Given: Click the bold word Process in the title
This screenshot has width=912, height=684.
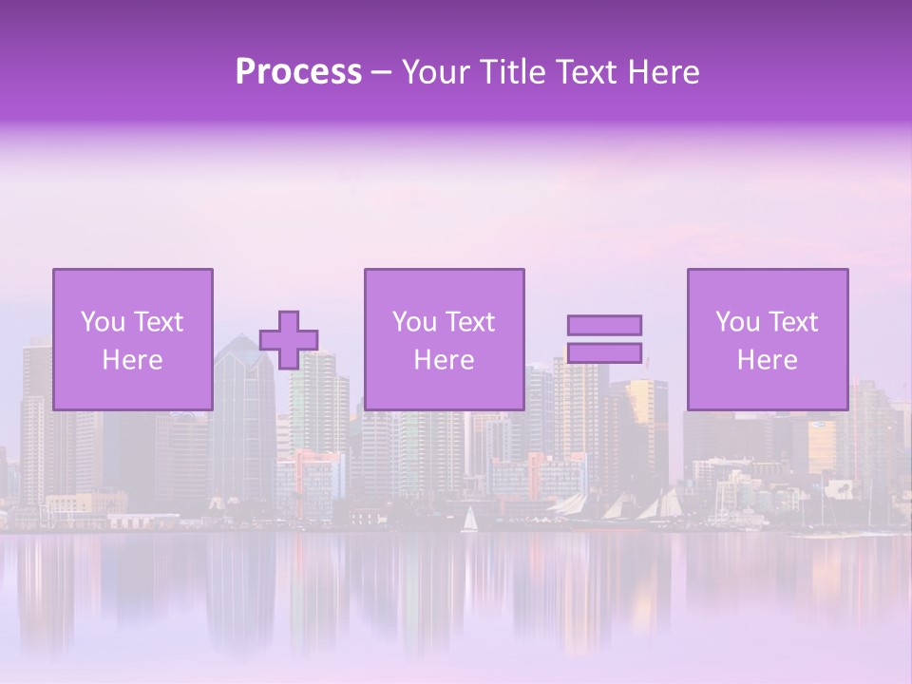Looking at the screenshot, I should pos(298,72).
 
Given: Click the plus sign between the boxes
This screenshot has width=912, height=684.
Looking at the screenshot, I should pos(289,339).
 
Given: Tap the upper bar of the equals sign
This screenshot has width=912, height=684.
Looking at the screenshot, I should pos(604,325).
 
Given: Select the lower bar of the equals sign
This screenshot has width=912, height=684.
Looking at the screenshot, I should pos(604,353).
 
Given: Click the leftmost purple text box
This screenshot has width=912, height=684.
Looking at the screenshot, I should pos(133,339).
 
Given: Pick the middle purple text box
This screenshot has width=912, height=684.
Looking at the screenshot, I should pos(444,339).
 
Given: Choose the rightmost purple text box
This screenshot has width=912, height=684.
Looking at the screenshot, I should pos(768,339).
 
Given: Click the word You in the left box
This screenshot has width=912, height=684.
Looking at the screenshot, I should pos(103,322).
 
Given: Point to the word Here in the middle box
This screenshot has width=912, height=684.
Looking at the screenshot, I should pos(444,360).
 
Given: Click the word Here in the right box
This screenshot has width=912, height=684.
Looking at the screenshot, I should pos(768,360).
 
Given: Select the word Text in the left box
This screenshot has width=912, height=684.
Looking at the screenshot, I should pos(157,322).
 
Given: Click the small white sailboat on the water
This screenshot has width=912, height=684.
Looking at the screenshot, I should pos(469,521).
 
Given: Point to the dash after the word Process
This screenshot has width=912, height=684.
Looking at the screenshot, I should pos(381,73).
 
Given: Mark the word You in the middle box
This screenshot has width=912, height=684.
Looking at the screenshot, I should pos(414,322).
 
